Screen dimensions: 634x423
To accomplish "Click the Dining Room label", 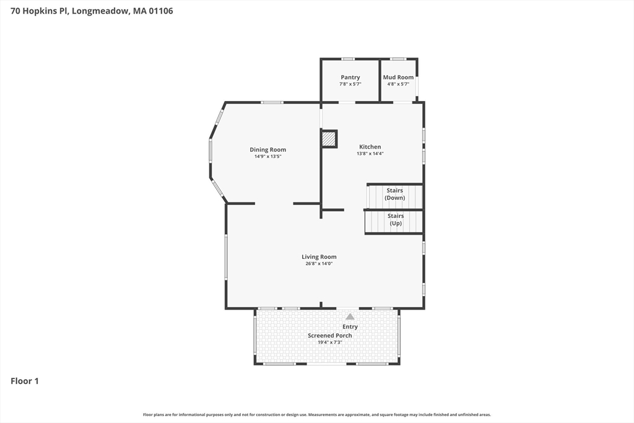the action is pyautogui.click(x=267, y=150).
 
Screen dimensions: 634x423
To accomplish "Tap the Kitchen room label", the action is pyautogui.click(x=370, y=147).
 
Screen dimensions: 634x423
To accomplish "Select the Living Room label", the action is pyautogui.click(x=319, y=257).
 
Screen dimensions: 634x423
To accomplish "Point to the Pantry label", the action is pyautogui.click(x=350, y=77).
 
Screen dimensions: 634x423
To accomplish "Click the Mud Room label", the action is pyautogui.click(x=398, y=77).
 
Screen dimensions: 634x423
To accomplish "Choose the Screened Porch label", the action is pyautogui.click(x=330, y=335).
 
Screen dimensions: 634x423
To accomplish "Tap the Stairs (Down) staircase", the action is pyautogui.click(x=394, y=197).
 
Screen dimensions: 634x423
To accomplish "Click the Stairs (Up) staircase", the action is pyautogui.click(x=394, y=222).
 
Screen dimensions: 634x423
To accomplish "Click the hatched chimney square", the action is pyautogui.click(x=329, y=139).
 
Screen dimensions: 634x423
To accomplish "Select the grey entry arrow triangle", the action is pyautogui.click(x=350, y=316).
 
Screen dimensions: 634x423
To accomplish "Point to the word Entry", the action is pyautogui.click(x=350, y=327).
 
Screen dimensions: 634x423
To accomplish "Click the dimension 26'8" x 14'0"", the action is pyautogui.click(x=319, y=264).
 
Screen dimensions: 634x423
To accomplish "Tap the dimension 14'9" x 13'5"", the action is pyautogui.click(x=267, y=157).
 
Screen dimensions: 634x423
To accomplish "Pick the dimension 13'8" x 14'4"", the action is pyautogui.click(x=370, y=154).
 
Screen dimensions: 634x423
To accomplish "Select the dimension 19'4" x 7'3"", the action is pyautogui.click(x=330, y=342).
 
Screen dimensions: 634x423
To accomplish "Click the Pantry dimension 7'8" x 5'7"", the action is pyautogui.click(x=350, y=84).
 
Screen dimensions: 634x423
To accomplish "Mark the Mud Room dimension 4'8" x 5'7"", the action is pyautogui.click(x=398, y=84).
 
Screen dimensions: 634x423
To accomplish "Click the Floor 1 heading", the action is pyautogui.click(x=25, y=381).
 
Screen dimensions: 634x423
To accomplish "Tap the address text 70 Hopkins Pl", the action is pyautogui.click(x=40, y=11).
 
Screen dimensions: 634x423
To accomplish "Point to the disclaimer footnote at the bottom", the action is pyautogui.click(x=317, y=414).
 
